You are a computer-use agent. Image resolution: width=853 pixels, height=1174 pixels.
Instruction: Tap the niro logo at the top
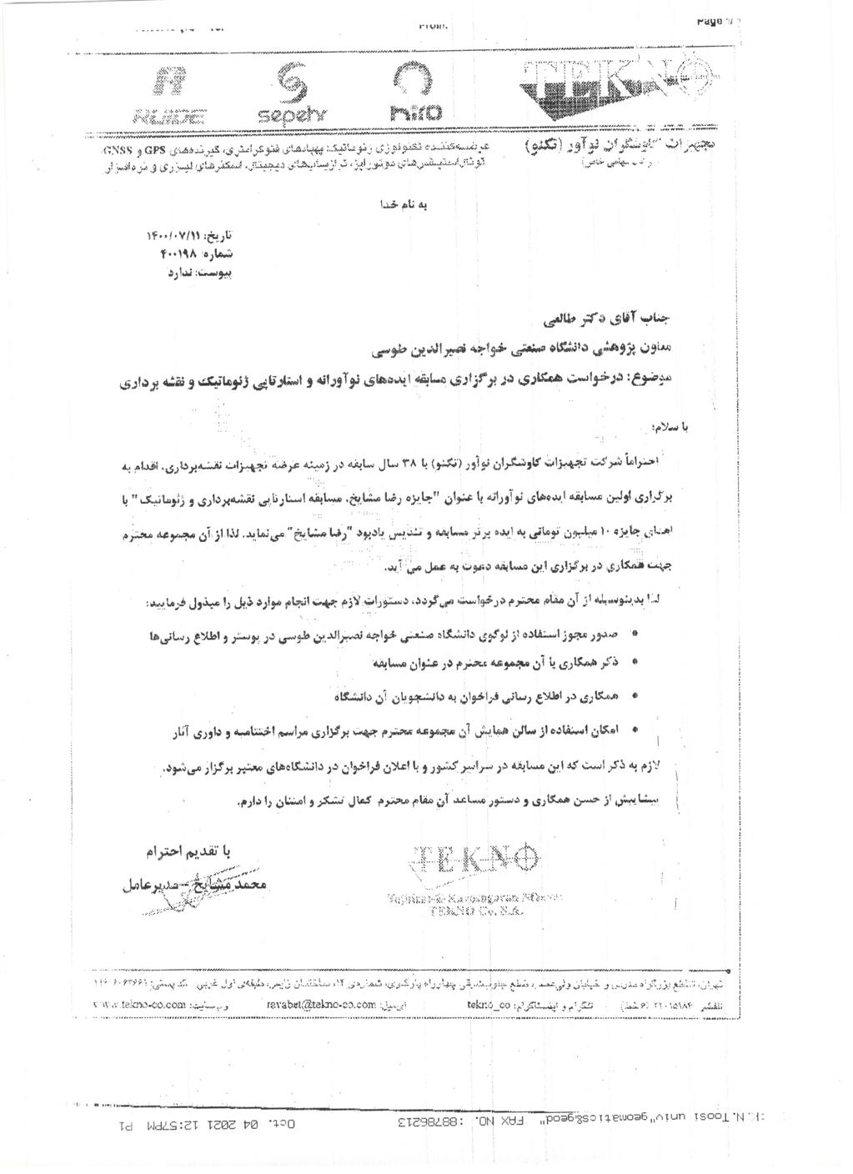[414, 93]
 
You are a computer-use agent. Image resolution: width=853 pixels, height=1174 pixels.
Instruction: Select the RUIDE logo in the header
[176, 93]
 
